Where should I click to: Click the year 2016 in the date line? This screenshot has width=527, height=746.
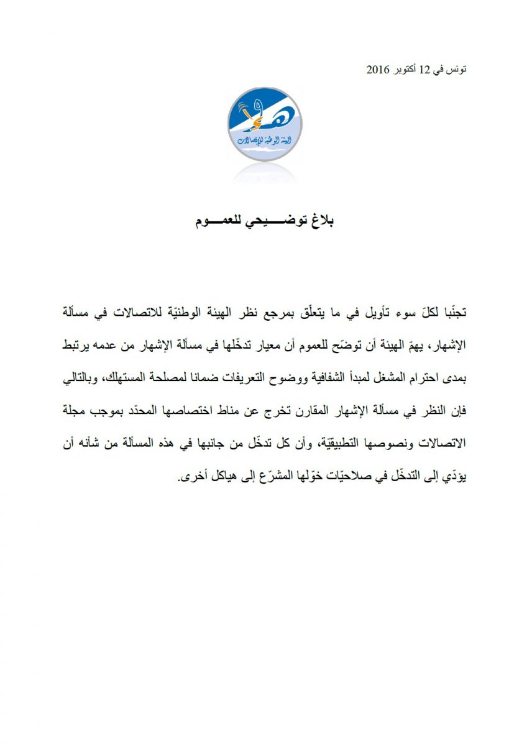[x=378, y=69]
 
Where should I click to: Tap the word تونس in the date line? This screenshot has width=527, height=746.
[x=456, y=69]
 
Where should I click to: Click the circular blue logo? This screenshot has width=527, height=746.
[x=263, y=124]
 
